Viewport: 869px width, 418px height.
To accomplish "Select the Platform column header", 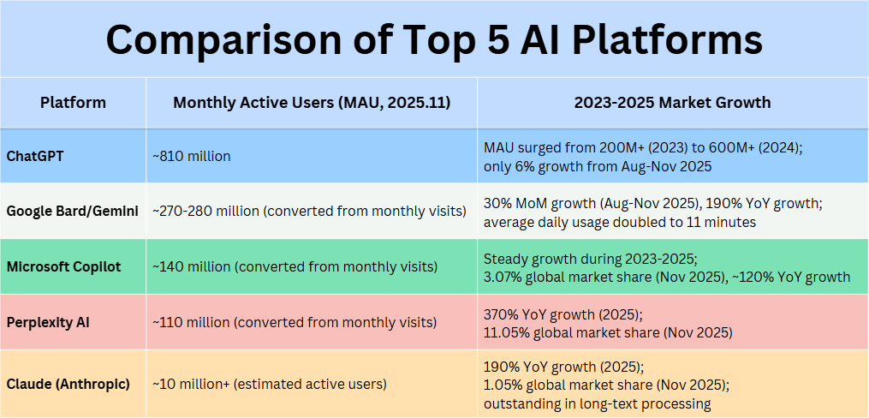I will click(73, 103).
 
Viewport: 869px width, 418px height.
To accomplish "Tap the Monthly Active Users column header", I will click(312, 103).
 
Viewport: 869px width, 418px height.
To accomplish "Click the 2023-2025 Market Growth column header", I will click(672, 103).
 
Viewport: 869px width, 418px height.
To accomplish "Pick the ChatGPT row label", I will click(37, 156).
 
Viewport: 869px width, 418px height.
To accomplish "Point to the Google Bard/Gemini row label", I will click(73, 211).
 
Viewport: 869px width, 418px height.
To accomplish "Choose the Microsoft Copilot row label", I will click(64, 267).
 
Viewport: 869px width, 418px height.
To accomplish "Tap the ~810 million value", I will click(192, 156).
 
